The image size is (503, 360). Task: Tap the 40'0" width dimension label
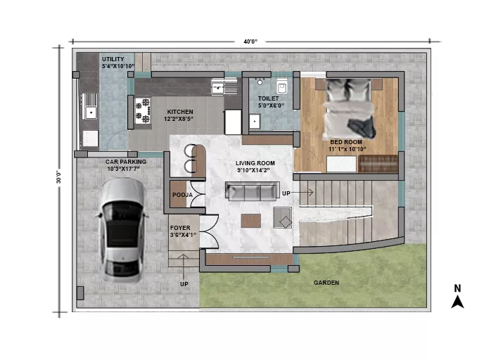click(x=250, y=41)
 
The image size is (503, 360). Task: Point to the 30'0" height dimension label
click(x=58, y=177)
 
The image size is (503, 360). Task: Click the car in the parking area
click(x=122, y=230)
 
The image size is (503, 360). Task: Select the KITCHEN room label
click(x=180, y=112)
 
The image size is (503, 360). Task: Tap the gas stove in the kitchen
click(x=143, y=111)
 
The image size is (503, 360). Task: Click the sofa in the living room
click(x=252, y=191)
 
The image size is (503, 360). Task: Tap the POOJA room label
click(x=182, y=195)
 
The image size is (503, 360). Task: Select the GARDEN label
click(x=326, y=283)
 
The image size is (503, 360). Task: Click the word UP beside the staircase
click(x=286, y=193)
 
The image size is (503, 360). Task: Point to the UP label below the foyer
click(x=184, y=284)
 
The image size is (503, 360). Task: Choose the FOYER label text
click(x=180, y=228)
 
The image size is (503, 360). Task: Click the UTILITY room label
click(x=113, y=59)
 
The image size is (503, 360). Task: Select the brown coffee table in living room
click(x=251, y=221)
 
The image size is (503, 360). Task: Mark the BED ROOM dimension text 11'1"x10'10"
click(x=347, y=149)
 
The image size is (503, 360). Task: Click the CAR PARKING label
click(x=126, y=162)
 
